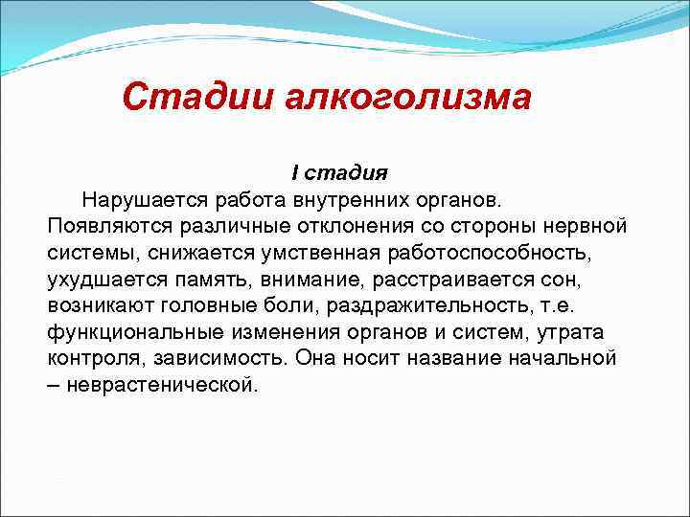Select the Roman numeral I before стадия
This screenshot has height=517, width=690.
pyautogui.click(x=295, y=173)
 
